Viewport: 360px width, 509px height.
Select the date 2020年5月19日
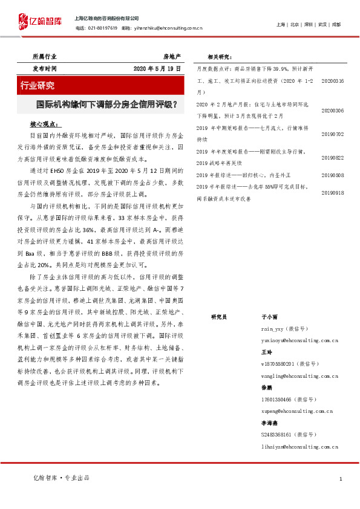tap(157, 69)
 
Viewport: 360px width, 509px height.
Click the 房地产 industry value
tap(172, 56)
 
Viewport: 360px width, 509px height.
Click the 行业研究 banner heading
tap(38, 85)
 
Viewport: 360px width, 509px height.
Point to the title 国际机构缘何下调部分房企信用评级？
tap(106, 104)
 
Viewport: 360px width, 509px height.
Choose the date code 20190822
tap(332, 157)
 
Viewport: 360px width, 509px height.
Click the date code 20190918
tap(332, 192)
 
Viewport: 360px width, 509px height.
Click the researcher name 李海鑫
tap(269, 423)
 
